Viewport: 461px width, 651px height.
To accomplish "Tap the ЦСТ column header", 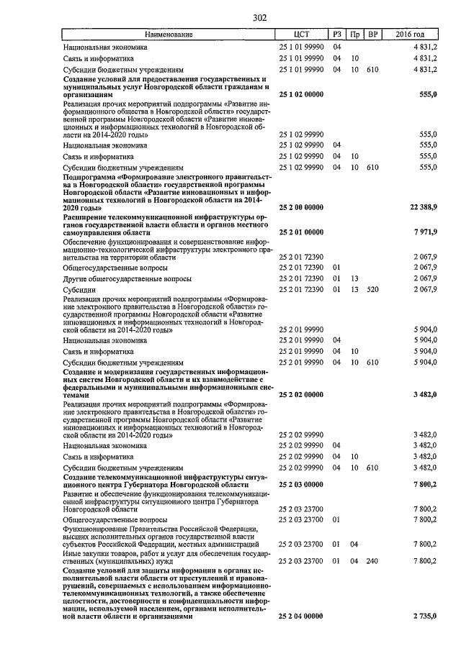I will click(302, 35).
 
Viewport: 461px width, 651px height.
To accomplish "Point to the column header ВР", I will click(372, 35).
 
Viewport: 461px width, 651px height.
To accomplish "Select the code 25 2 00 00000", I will click(301, 208).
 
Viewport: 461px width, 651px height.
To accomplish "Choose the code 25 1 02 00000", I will click(301, 94).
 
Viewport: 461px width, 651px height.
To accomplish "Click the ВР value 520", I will click(372, 288).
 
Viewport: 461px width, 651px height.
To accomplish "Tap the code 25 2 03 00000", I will click(301, 485).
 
